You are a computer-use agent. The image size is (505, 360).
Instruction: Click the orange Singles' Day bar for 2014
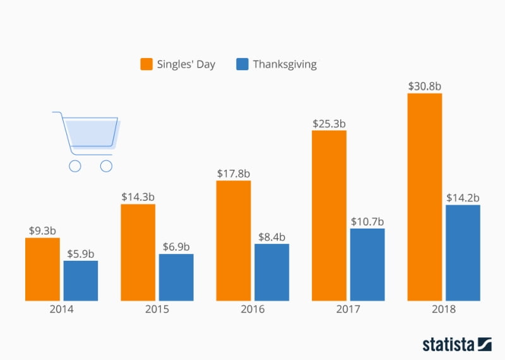tap(42, 269)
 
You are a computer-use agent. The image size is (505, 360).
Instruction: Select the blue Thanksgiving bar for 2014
tap(80, 280)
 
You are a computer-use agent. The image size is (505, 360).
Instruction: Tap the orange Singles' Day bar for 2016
tap(233, 241)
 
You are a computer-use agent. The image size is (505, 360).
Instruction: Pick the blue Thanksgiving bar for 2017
tap(367, 265)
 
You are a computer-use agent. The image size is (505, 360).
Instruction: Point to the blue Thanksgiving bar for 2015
tap(176, 277)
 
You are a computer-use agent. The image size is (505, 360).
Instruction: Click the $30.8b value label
tap(424, 85)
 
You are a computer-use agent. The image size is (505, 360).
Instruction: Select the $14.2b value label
tap(463, 196)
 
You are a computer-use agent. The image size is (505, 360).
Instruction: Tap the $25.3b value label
tap(329, 122)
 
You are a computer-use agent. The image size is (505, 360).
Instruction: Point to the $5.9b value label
tap(80, 253)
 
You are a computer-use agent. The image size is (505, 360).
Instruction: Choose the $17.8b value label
tap(233, 172)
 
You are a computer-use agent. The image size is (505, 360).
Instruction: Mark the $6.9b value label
tap(176, 246)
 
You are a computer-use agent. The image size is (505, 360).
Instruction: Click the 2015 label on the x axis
tap(157, 309)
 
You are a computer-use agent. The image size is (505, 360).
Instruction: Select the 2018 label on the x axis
tap(443, 309)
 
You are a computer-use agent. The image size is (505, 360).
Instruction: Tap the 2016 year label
tap(252, 309)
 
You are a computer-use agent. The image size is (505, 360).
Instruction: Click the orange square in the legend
tap(146, 64)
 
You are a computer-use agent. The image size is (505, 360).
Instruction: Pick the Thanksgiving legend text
tap(285, 64)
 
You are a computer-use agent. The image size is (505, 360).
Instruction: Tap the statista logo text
tap(449, 344)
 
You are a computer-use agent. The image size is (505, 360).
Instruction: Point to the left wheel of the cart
tap(74, 166)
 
